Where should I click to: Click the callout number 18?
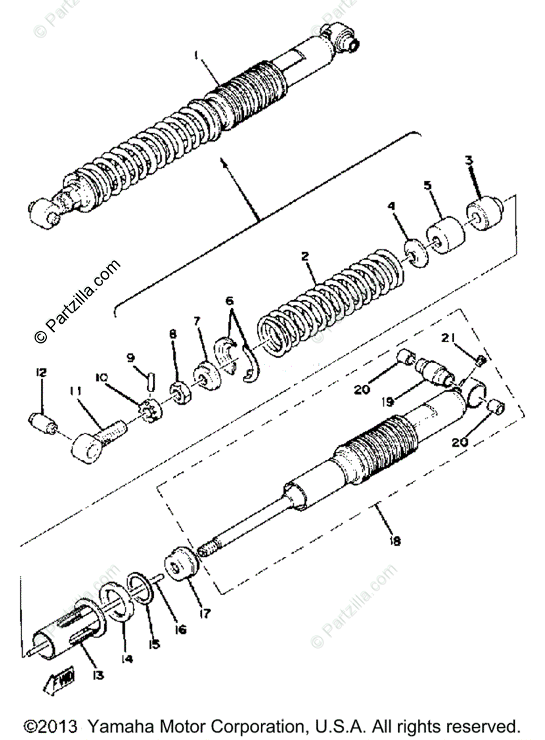pyautogui.click(x=395, y=541)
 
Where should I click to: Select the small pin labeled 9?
pyautogui.click(x=150, y=379)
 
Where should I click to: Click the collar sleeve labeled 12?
pyautogui.click(x=42, y=421)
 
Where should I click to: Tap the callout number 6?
pyautogui.click(x=230, y=302)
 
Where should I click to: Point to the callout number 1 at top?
pyautogui.click(x=196, y=56)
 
